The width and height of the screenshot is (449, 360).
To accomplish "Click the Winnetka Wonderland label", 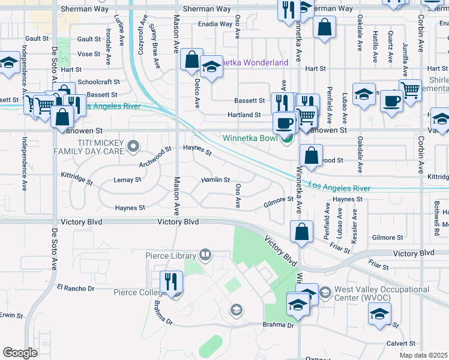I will (248, 62).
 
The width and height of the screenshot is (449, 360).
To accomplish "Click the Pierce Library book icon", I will (205, 256).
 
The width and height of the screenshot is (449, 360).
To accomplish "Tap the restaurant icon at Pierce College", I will (170, 282).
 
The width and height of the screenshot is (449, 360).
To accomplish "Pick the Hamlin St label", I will (215, 179).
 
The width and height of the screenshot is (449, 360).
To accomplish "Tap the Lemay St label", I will (127, 179).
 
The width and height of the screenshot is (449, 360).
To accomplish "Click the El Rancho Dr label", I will (76, 288).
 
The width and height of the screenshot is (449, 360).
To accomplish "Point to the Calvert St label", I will (400, 343).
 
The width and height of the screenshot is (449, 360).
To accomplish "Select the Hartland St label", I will (244, 115).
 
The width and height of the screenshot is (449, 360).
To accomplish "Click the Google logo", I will (20, 353).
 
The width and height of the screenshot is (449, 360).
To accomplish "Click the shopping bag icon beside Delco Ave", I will (191, 61).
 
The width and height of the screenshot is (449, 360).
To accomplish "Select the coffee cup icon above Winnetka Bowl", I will (284, 123).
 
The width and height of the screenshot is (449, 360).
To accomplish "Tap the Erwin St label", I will (11, 315).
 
